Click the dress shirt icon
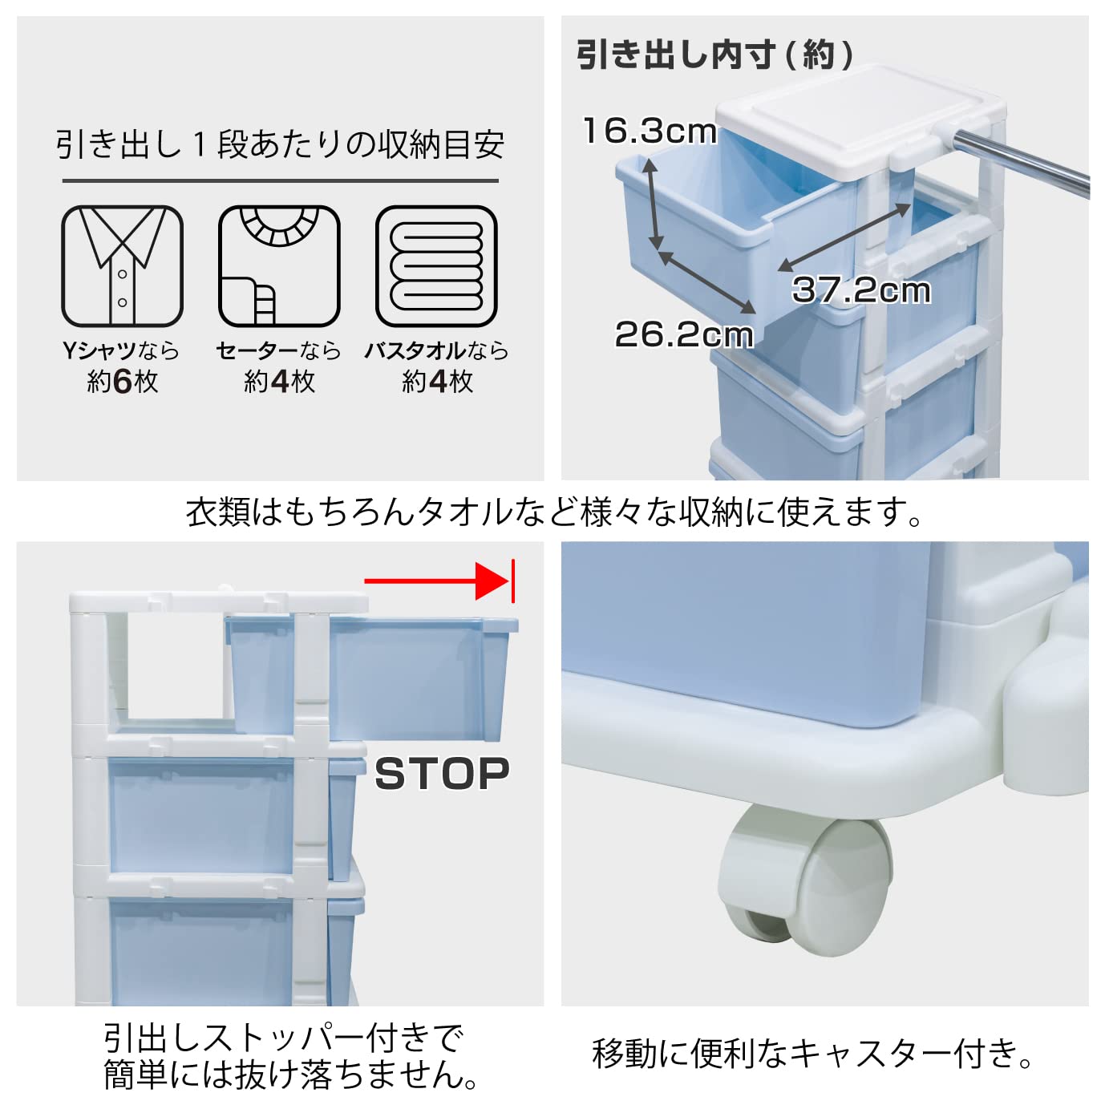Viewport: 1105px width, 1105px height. tap(122, 266)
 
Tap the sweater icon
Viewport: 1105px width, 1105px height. tap(279, 266)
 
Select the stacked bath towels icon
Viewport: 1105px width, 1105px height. tap(436, 266)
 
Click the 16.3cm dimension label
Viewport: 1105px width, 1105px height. tap(650, 131)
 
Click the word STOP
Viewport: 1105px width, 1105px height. tap(442, 774)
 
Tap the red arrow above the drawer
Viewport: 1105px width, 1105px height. tap(439, 581)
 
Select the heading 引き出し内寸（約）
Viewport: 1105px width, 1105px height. tap(715, 55)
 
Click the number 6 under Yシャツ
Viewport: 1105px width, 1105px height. tap(123, 382)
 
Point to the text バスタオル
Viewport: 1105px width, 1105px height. tap(415, 350)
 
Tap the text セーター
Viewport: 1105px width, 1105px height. tap(257, 350)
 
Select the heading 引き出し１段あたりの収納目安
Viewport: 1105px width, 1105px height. tap(280, 144)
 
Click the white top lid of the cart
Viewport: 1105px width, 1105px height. tap(860, 120)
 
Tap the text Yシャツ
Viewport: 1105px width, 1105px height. tap(99, 350)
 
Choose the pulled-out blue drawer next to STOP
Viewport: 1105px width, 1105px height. tap(373, 679)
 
